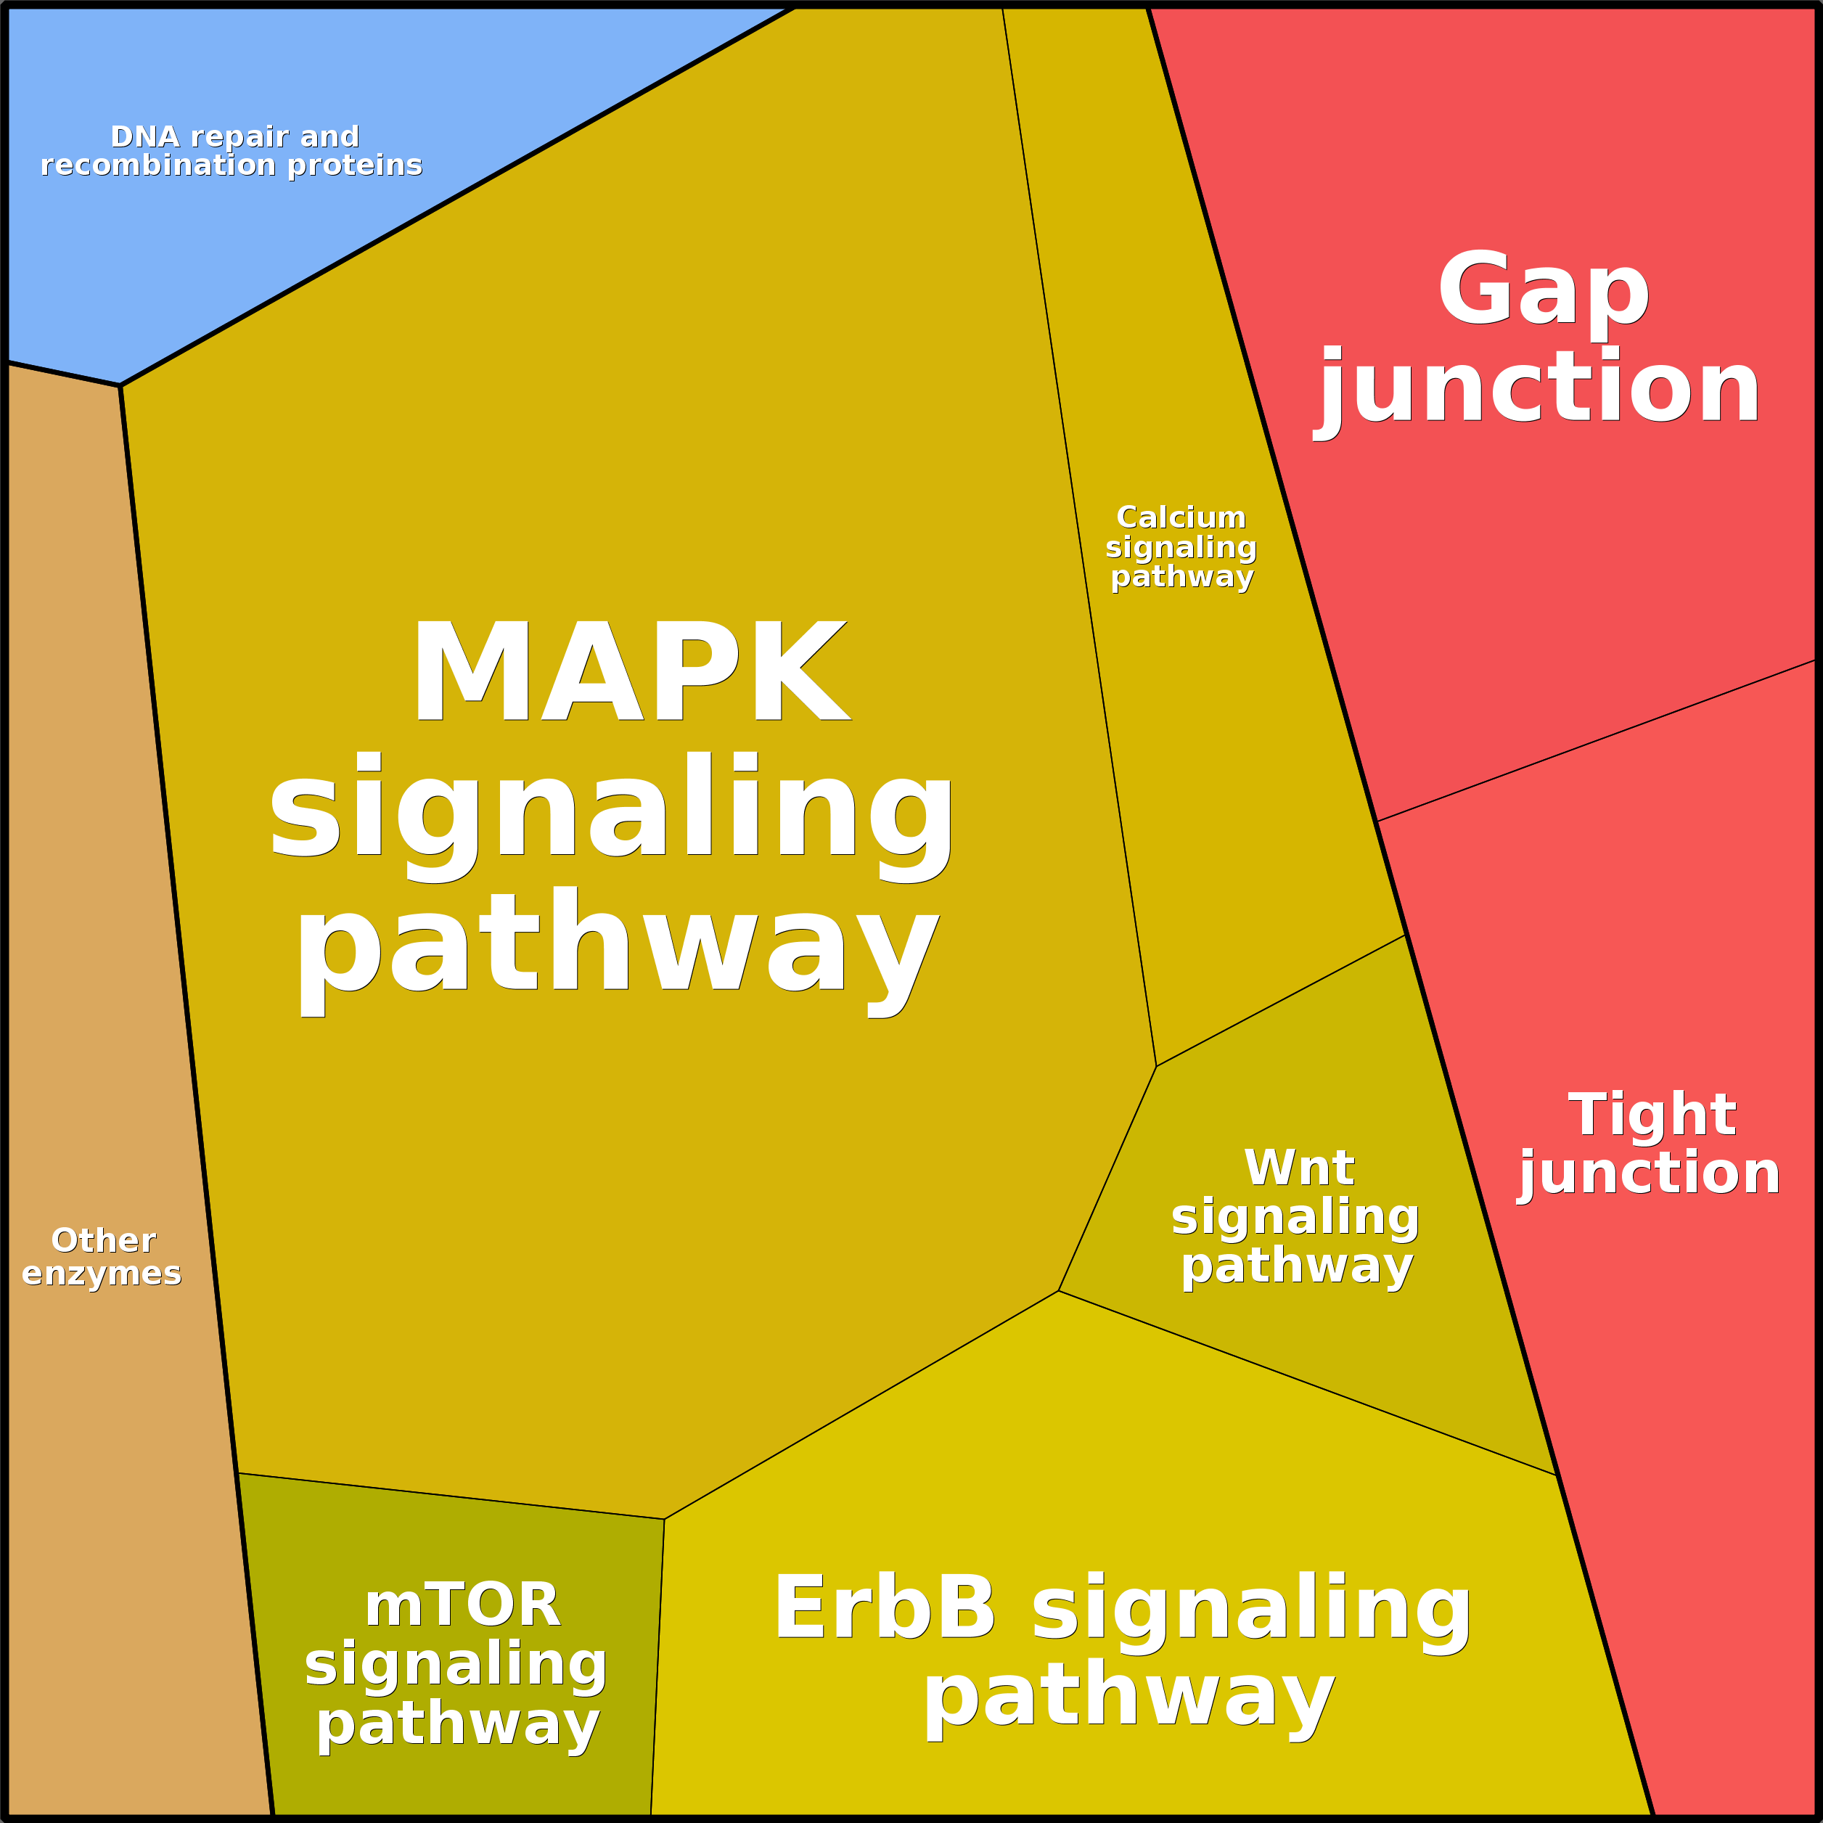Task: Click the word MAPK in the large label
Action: pyautogui.click(x=631, y=673)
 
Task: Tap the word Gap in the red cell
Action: pyautogui.click(x=1543, y=289)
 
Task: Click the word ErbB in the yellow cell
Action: pyautogui.click(x=884, y=1609)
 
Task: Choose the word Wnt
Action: pyautogui.click(x=1298, y=1168)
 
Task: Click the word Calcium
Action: pyautogui.click(x=1181, y=517)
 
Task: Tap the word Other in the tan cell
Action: pyautogui.click(x=103, y=1240)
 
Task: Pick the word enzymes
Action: pyautogui.click(x=102, y=1273)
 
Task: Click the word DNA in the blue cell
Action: pyautogui.click(x=144, y=137)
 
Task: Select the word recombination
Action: pyautogui.click(x=157, y=165)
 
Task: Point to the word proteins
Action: pyautogui.click(x=354, y=165)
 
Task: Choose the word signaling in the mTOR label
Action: pyautogui.click(x=456, y=1663)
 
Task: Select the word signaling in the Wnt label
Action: pyautogui.click(x=1295, y=1216)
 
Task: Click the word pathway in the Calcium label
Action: pyautogui.click(x=1181, y=575)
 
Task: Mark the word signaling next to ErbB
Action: pyautogui.click(x=1251, y=1609)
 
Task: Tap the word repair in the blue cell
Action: pyautogui.click(x=243, y=137)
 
